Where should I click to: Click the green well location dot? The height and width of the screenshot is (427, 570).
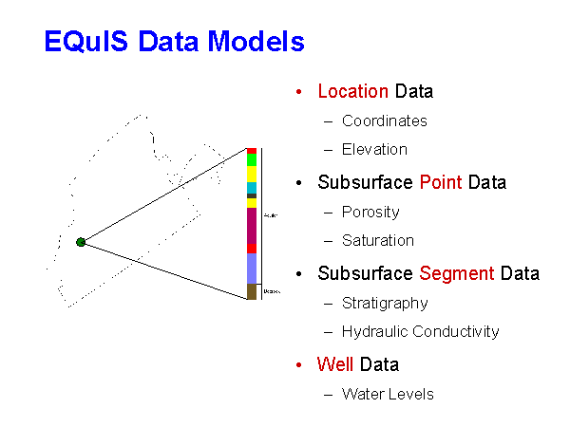pyautogui.click(x=81, y=242)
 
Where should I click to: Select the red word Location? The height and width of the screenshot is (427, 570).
pyautogui.click(x=352, y=92)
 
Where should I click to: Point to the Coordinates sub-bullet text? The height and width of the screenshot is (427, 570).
pyautogui.click(x=384, y=121)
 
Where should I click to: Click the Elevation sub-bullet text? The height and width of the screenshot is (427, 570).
pyautogui.click(x=374, y=150)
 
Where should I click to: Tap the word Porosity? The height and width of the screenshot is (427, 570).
pyautogui.click(x=370, y=212)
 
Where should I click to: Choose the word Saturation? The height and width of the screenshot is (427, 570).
pyautogui.click(x=378, y=241)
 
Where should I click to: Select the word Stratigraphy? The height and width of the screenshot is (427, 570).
pyautogui.click(x=385, y=304)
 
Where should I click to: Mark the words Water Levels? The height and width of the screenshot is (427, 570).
pyautogui.click(x=388, y=394)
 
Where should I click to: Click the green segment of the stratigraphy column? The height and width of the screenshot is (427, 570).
pyautogui.click(x=252, y=159)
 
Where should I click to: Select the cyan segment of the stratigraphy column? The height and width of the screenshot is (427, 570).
pyautogui.click(x=252, y=187)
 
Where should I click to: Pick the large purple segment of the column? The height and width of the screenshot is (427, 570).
pyautogui.click(x=252, y=226)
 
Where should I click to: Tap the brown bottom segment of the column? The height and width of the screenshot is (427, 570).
pyautogui.click(x=252, y=291)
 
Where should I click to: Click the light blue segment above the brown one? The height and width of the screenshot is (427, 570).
pyautogui.click(x=252, y=268)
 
